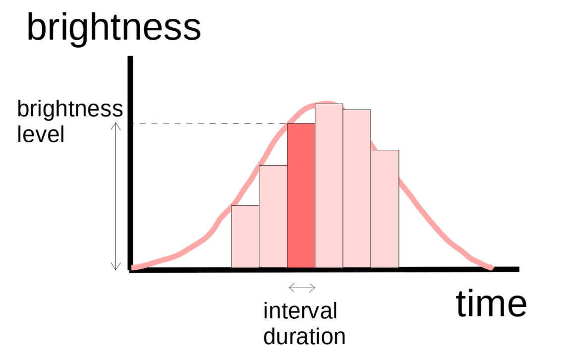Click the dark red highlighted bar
301,195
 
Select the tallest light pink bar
329,186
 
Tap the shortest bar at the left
245,237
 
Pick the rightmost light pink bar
385,209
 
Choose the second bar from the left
273,216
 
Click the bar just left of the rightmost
357,188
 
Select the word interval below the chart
300,311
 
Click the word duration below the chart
304,336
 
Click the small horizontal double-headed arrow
302,287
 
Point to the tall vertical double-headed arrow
115,196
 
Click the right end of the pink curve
491,268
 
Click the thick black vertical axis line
130,164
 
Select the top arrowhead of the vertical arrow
115,125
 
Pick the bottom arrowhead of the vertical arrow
115,267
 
